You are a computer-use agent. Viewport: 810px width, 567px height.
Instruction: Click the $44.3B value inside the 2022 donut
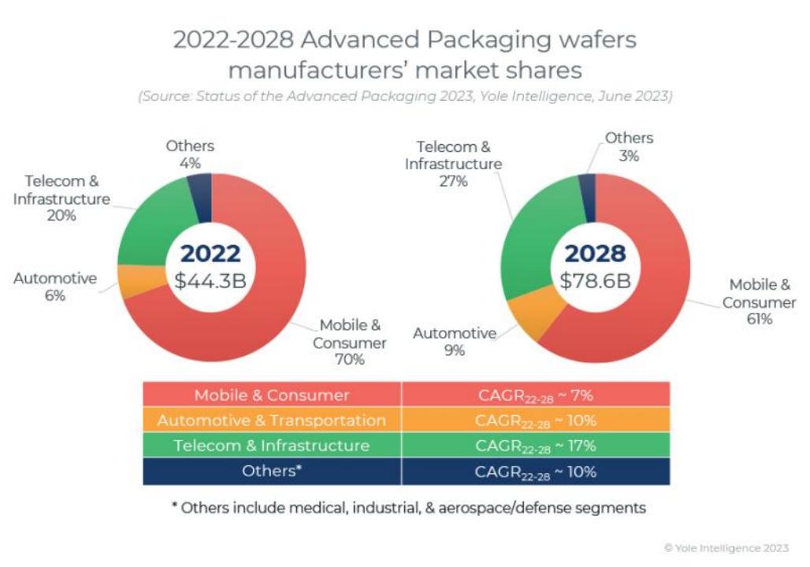(x=210, y=280)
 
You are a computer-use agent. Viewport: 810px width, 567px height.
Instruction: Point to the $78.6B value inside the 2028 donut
(x=595, y=280)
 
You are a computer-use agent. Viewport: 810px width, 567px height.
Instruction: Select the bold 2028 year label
(x=595, y=254)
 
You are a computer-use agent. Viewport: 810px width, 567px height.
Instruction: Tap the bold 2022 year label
(x=210, y=254)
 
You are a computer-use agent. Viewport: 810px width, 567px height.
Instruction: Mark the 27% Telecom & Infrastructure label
(x=453, y=181)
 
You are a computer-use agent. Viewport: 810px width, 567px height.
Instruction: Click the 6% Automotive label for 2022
(x=54, y=296)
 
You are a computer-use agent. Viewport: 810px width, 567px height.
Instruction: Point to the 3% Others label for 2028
(x=628, y=156)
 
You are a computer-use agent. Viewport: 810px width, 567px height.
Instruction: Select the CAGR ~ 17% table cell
(x=536, y=446)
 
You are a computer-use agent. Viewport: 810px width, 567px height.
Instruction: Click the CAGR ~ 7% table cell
(x=536, y=395)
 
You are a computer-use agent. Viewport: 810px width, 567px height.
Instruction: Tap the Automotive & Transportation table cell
(x=272, y=421)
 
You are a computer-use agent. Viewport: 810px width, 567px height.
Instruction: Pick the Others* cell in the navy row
(x=272, y=472)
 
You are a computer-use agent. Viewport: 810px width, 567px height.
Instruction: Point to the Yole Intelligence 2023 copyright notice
(x=726, y=548)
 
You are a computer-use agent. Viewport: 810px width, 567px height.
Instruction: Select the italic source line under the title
(x=405, y=97)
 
